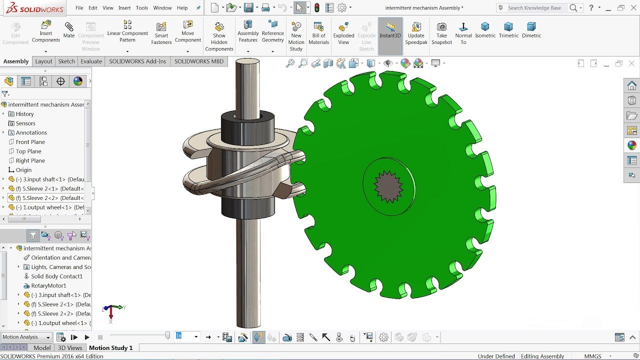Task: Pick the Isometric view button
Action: (x=485, y=30)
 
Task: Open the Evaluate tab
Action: (x=91, y=61)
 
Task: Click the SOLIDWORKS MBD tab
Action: (x=199, y=61)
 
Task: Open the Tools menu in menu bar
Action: (x=142, y=8)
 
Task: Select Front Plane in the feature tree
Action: (x=30, y=142)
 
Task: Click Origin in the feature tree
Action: (x=23, y=170)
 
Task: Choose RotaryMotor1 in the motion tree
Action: (x=48, y=285)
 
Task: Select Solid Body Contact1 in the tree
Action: (x=56, y=276)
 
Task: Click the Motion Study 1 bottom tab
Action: (x=110, y=348)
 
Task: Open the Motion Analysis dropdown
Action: (x=26, y=337)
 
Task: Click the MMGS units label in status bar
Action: (x=592, y=356)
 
